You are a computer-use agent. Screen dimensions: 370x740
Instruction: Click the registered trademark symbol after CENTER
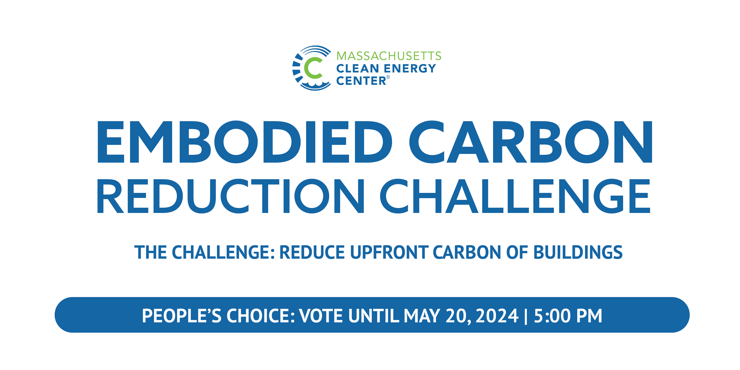388,77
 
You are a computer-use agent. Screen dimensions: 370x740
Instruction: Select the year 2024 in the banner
497,316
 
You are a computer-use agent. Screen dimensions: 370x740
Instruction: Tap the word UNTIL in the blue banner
373,316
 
